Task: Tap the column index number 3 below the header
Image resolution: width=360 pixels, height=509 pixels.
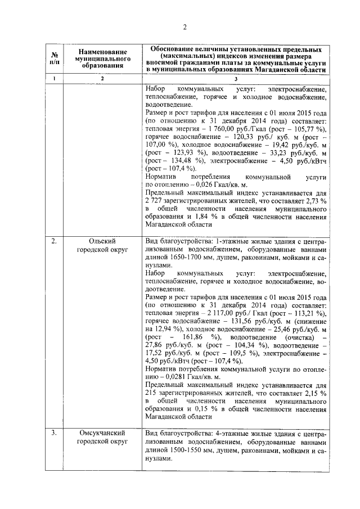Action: (235, 79)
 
